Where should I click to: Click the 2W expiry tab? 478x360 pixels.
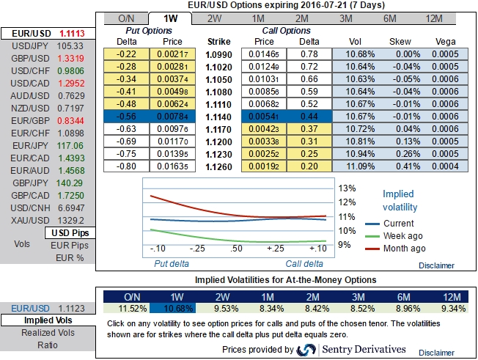click(215, 18)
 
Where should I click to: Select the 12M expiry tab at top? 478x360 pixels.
click(433, 18)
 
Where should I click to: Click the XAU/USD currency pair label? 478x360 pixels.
click(26, 220)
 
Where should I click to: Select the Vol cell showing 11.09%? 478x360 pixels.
click(354, 167)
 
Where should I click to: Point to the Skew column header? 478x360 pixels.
click(400, 43)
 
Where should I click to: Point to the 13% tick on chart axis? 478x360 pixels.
click(347, 187)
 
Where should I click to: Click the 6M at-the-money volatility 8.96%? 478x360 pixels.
click(403, 307)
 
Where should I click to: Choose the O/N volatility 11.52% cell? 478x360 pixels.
click(132, 307)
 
